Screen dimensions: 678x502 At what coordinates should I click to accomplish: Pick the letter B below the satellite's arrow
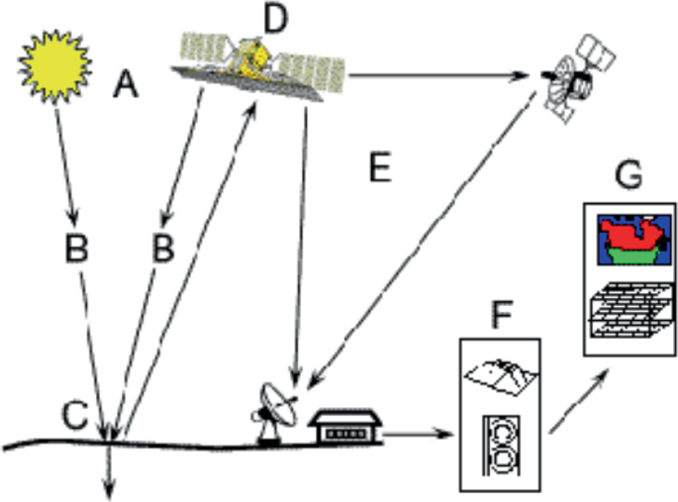pos(163,249)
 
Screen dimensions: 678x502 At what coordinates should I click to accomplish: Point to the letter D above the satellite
pos(271,17)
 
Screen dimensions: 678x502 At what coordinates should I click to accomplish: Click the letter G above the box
pos(627,176)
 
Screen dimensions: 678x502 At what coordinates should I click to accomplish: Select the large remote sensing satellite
pos(260,61)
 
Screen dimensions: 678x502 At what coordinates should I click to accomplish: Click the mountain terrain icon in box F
pos(499,375)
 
